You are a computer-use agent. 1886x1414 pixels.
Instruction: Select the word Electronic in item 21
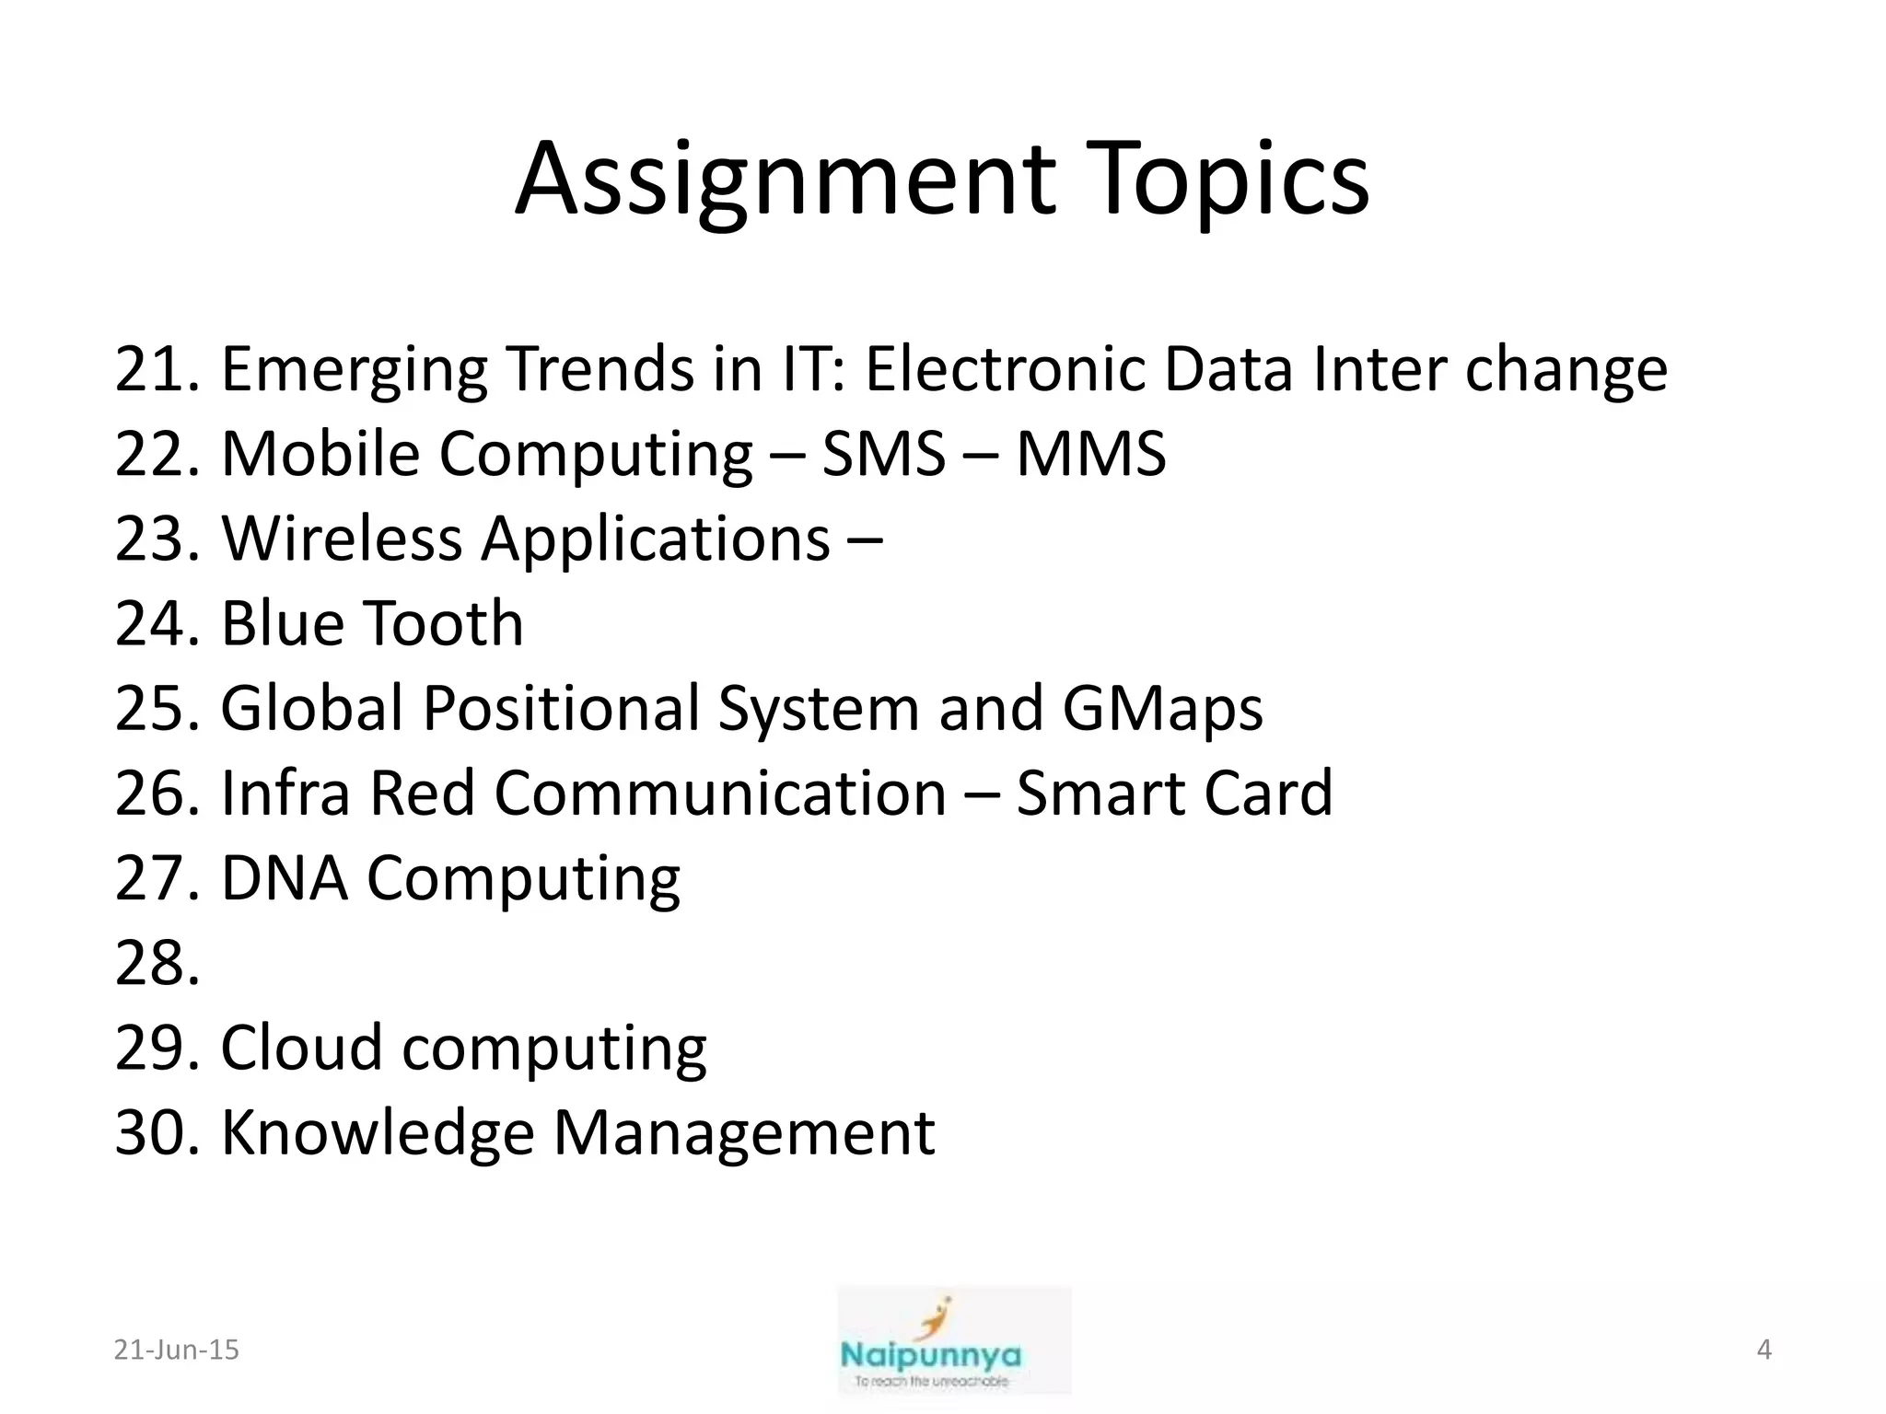point(1004,369)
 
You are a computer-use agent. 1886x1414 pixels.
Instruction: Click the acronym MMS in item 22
point(1090,454)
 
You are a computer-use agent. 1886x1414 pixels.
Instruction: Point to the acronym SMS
point(883,454)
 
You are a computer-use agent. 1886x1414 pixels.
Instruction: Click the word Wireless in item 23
point(342,539)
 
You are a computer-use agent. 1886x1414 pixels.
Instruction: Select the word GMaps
point(1162,709)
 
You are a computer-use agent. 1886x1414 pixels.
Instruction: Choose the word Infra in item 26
point(285,794)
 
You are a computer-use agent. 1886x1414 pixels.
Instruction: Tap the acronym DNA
point(285,878)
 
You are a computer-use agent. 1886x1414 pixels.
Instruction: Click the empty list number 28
point(157,964)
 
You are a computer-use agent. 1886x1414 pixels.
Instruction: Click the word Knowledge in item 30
point(378,1133)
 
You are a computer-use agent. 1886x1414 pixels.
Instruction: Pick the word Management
point(743,1133)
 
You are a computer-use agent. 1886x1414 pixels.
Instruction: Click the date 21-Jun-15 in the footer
point(176,1350)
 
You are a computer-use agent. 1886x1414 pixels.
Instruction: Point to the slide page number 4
point(1764,1350)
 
